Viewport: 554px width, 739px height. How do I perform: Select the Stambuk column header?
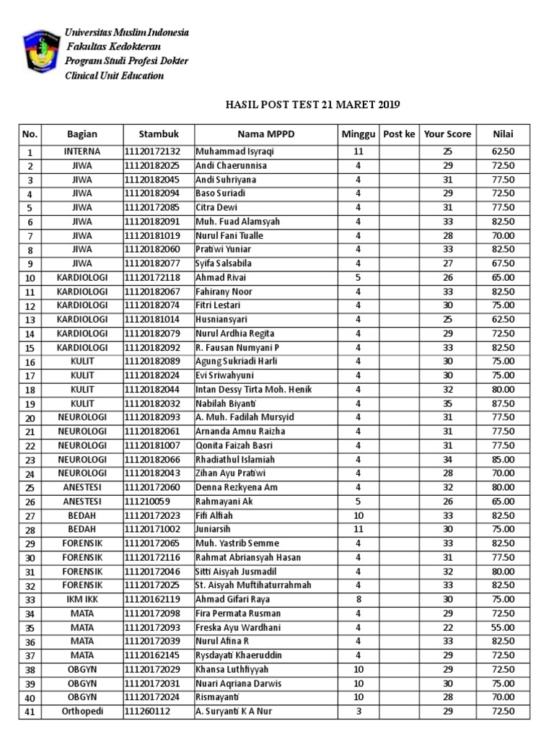(158, 134)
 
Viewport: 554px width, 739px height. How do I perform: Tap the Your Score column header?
(447, 134)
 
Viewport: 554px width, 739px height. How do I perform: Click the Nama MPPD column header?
(266, 134)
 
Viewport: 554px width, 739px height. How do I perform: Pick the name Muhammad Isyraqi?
(235, 152)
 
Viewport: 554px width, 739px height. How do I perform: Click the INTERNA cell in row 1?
(82, 152)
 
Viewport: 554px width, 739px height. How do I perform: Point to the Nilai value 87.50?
(503, 403)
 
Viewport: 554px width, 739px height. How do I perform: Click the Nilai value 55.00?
(503, 627)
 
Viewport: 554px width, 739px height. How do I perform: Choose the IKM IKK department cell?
(82, 599)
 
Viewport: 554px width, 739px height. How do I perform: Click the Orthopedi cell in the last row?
(82, 711)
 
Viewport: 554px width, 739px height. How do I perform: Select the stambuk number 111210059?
(147, 502)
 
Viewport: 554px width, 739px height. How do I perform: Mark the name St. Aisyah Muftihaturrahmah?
(253, 585)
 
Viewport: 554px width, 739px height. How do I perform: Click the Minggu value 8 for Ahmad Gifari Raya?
(358, 599)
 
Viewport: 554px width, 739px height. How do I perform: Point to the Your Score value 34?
(447, 460)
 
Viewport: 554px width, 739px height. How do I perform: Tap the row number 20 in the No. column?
(30, 418)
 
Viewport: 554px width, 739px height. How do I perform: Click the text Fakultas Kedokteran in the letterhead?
(113, 47)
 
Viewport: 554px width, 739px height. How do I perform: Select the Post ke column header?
(399, 134)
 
